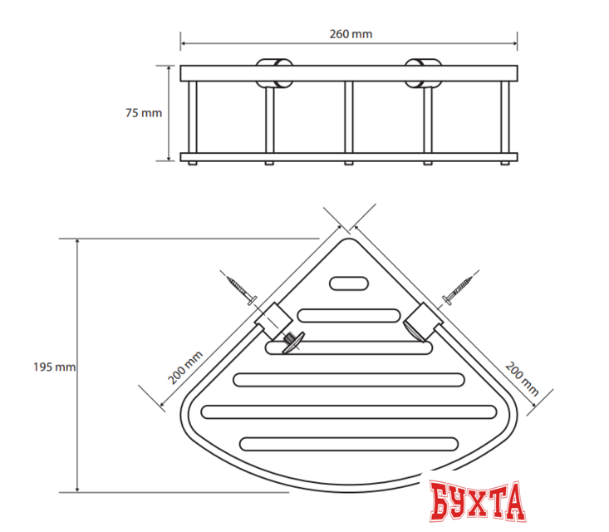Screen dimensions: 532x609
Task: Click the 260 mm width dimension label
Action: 350,34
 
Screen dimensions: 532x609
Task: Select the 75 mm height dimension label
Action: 143,114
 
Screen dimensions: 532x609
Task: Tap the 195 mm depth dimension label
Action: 54,367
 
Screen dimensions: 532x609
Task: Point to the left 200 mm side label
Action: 185,367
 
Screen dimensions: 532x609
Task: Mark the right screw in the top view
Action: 459,286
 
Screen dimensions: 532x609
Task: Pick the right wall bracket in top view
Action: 423,322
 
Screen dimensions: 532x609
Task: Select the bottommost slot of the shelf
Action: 349,443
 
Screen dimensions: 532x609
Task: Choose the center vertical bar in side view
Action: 349,117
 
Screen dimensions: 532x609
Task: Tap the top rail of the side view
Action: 349,72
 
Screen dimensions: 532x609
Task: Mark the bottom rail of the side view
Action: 349,156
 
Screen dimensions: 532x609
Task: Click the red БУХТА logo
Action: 477,500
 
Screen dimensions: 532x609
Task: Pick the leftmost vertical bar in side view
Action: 192,117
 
